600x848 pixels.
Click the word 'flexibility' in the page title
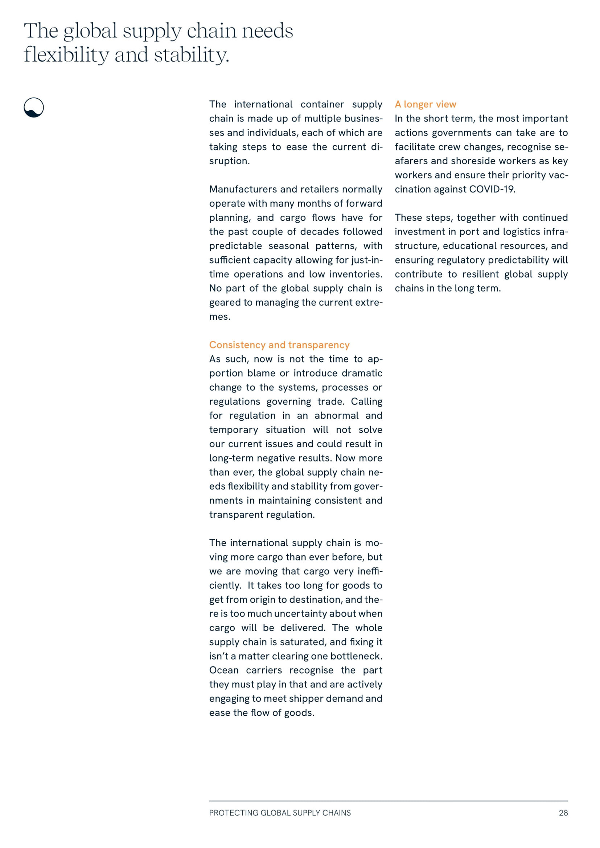point(66,55)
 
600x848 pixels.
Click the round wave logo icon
point(34,107)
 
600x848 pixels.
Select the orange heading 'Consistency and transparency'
point(279,344)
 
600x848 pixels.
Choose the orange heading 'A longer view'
point(425,104)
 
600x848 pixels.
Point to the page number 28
point(563,812)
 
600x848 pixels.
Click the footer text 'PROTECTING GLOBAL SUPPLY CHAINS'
point(280,812)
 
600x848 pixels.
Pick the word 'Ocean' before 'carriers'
point(223,670)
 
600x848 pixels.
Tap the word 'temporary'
point(234,430)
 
